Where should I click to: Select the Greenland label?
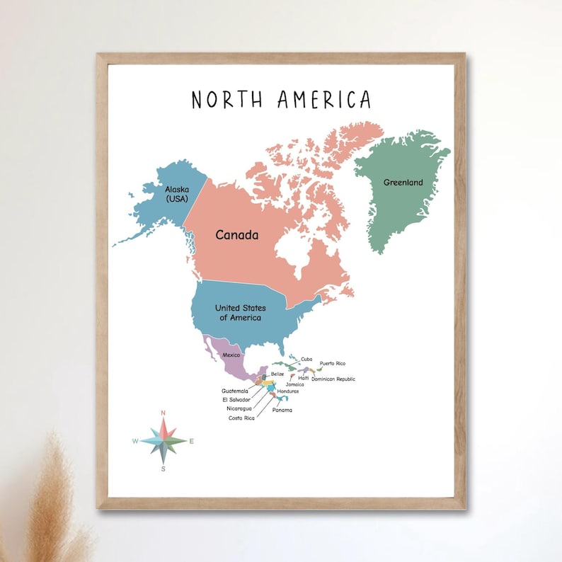coord(403,183)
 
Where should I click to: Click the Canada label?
coord(237,235)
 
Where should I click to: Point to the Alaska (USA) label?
coord(178,194)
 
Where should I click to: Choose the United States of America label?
coord(240,313)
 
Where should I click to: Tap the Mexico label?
coord(231,355)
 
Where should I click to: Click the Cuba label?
coord(306,360)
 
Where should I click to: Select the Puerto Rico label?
coord(332,364)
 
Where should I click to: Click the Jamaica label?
coord(294,384)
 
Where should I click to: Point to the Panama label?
coord(282,411)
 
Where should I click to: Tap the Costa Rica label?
coord(241,418)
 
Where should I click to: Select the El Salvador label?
coord(236,399)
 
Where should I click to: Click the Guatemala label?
coord(235,391)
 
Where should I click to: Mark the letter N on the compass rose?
coord(164,413)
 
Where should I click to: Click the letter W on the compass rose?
coord(134,441)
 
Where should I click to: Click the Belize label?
coord(277,374)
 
